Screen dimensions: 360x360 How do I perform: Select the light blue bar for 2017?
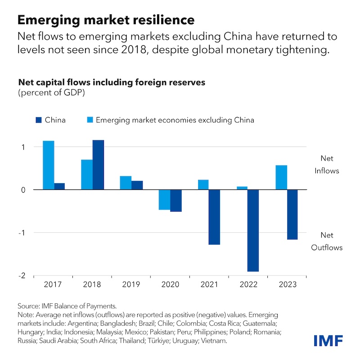point(49,165)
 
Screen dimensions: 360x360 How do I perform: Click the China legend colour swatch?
point(38,120)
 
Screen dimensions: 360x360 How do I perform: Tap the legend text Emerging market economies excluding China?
point(175,120)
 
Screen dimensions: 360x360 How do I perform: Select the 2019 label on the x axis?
point(131,285)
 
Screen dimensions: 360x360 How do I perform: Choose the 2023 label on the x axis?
point(286,285)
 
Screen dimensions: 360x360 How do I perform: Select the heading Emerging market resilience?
point(106,20)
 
